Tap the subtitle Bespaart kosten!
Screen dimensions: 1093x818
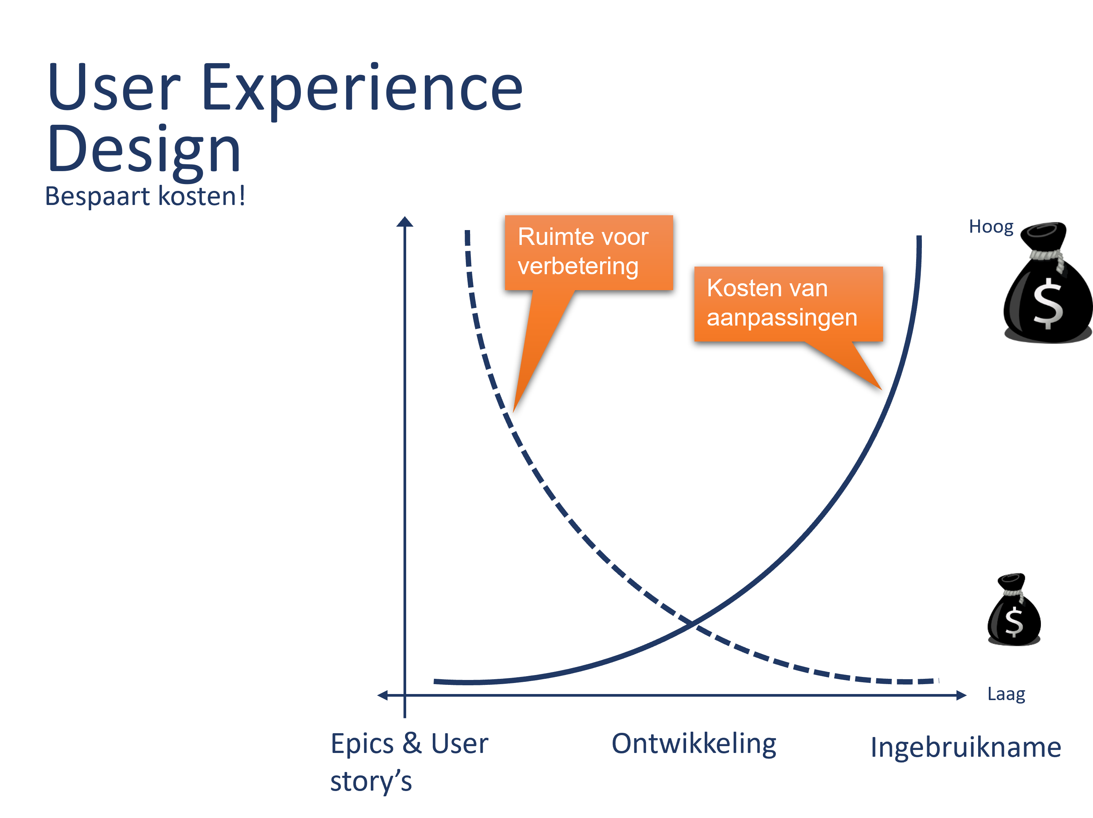point(145,196)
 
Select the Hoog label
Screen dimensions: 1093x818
point(991,227)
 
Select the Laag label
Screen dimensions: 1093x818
point(1006,694)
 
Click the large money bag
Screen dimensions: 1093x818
point(1047,283)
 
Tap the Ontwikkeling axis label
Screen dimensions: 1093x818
point(694,744)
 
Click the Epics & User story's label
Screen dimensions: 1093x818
point(409,762)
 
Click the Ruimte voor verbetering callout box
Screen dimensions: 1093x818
point(588,253)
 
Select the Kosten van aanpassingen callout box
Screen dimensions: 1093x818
point(788,304)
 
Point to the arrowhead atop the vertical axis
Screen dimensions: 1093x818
point(405,221)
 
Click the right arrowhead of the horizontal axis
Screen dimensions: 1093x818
point(961,696)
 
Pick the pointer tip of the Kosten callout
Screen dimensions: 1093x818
point(882,390)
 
